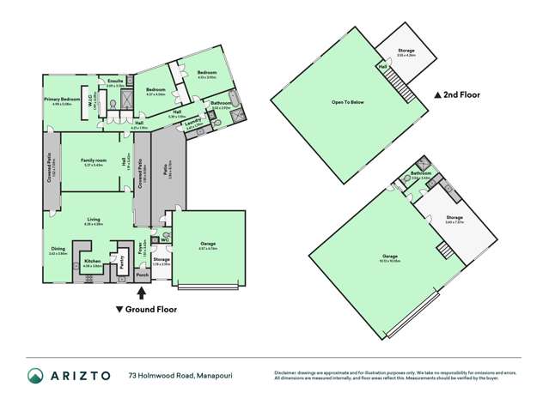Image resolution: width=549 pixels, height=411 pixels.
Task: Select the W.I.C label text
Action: click(x=86, y=100)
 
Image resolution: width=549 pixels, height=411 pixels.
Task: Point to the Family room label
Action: click(x=88, y=160)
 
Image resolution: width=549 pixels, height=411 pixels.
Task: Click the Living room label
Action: click(x=88, y=220)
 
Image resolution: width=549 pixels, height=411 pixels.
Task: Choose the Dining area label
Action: click(x=58, y=249)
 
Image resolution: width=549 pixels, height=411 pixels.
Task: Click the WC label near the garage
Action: click(x=164, y=239)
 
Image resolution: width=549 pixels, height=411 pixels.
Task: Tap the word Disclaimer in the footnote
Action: click(x=287, y=372)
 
